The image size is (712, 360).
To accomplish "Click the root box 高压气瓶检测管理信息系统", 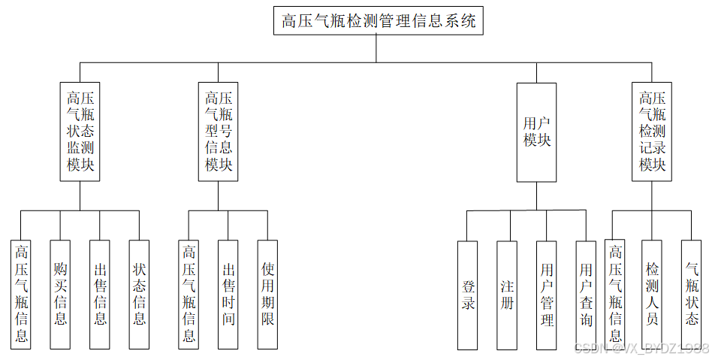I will (377, 21).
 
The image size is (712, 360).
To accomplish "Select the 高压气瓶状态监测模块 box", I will (80, 132).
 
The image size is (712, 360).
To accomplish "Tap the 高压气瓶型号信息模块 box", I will (219, 132).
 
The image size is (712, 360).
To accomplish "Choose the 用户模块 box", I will (536, 132).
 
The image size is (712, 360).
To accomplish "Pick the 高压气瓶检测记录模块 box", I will (652, 132).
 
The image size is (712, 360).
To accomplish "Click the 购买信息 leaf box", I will (60, 294).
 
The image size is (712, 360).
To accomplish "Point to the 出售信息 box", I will (100, 294).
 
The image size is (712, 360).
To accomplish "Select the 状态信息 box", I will (140, 294).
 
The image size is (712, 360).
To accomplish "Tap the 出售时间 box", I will (228, 294).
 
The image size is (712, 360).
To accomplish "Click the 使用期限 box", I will (267, 294).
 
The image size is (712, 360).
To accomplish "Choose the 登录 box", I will (467, 295).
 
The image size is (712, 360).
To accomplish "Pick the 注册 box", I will (507, 295).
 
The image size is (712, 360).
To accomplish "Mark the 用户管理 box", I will (547, 295).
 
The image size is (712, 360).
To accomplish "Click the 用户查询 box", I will (586, 295).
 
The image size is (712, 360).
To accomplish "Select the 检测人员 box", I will (652, 294).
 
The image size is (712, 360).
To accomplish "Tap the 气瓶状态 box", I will (691, 294).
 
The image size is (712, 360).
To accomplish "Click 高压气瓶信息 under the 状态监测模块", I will (21, 294).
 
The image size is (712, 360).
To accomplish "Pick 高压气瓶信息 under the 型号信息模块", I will (189, 294).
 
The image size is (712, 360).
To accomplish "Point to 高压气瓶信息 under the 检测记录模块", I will (615, 294).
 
